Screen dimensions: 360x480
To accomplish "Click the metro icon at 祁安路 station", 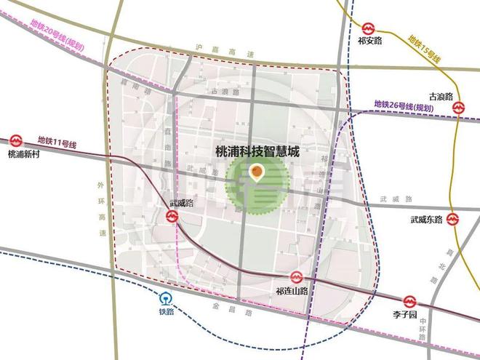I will (x=368, y=28).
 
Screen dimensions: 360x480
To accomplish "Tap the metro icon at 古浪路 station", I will (x=459, y=108).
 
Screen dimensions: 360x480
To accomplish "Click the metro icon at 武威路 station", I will (x=172, y=216).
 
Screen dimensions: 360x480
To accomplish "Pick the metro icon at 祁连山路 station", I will (x=296, y=277).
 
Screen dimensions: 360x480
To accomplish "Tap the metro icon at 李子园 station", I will (x=410, y=301).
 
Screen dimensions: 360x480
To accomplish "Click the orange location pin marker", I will (x=256, y=173).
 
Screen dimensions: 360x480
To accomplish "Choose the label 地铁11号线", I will (x=56, y=140).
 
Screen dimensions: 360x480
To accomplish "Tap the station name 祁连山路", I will (x=292, y=291).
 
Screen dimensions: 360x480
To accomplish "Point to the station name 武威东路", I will (x=426, y=219).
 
